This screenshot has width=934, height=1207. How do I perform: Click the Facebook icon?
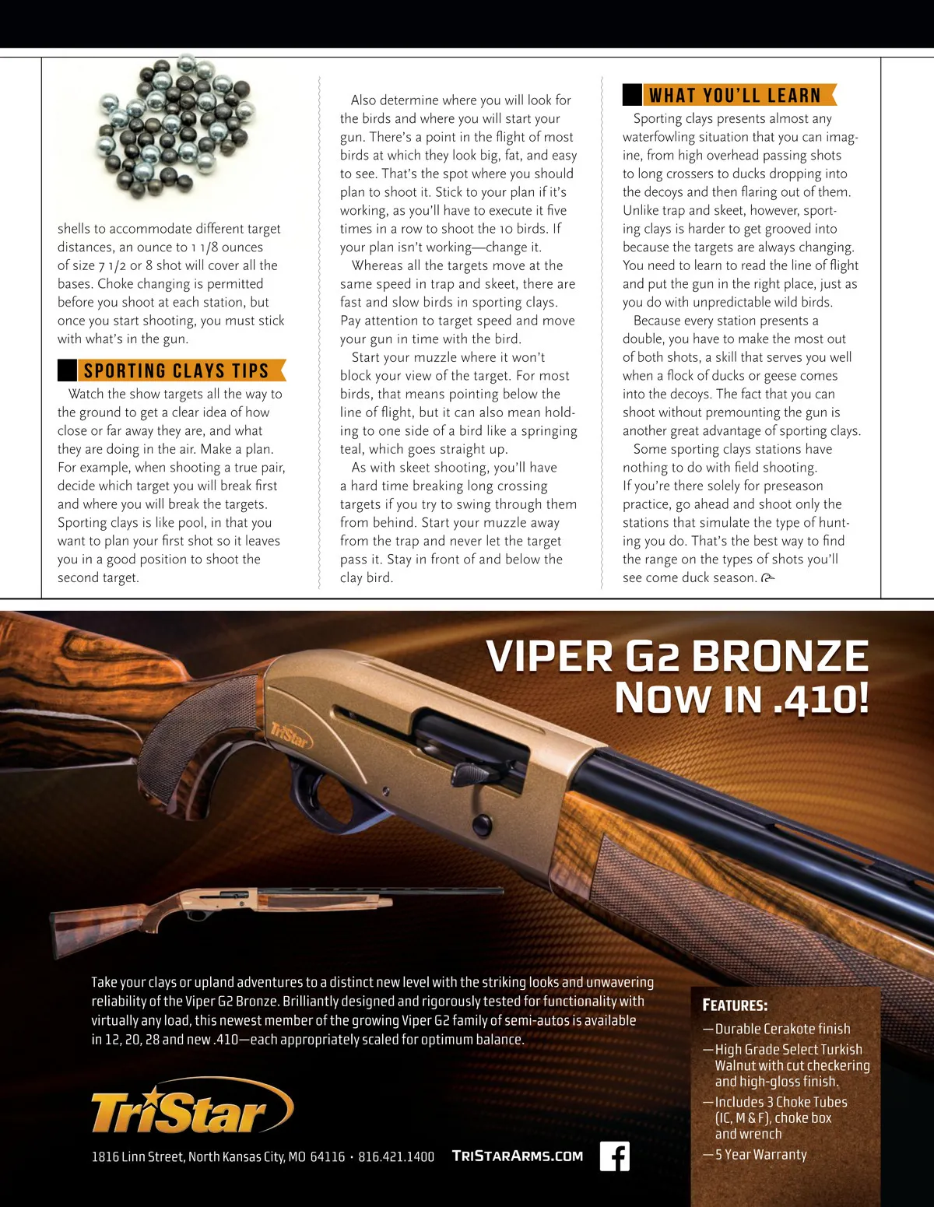pyautogui.click(x=614, y=1156)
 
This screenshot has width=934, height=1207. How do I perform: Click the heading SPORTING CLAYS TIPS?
pyautogui.click(x=176, y=370)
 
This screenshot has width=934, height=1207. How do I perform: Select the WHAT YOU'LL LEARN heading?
pyautogui.click(x=735, y=95)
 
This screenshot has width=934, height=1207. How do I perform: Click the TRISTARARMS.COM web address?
pyautogui.click(x=518, y=1156)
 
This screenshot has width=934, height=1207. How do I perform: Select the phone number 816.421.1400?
pyautogui.click(x=396, y=1157)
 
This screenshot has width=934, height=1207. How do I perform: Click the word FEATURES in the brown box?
pyautogui.click(x=735, y=1005)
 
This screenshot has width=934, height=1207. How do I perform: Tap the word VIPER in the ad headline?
pyautogui.click(x=550, y=656)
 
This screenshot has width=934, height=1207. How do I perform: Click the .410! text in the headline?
pyautogui.click(x=820, y=698)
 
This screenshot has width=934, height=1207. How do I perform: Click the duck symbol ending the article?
pyautogui.click(x=767, y=577)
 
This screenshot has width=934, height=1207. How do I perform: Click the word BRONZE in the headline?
pyautogui.click(x=780, y=656)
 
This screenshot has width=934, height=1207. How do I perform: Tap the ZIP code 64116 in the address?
pyautogui.click(x=327, y=1157)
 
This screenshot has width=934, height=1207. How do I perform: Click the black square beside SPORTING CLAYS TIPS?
pyautogui.click(x=67, y=370)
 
